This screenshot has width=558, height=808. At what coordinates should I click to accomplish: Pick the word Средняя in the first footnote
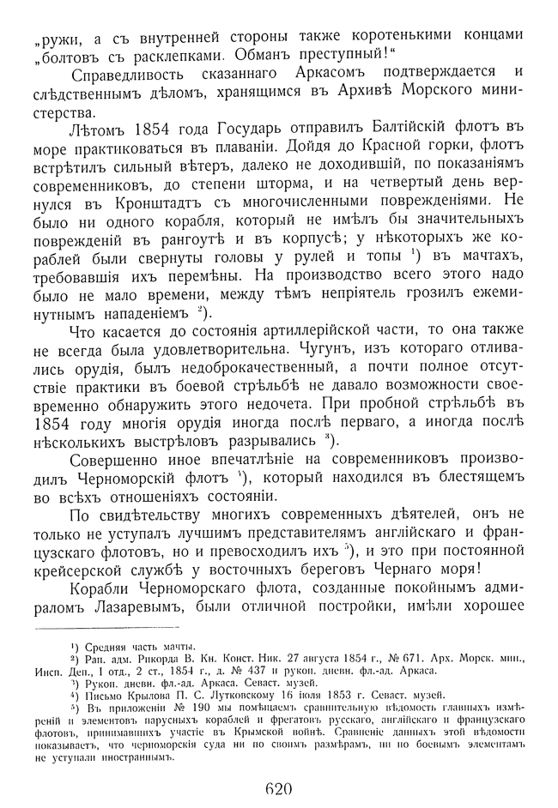(x=100, y=647)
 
